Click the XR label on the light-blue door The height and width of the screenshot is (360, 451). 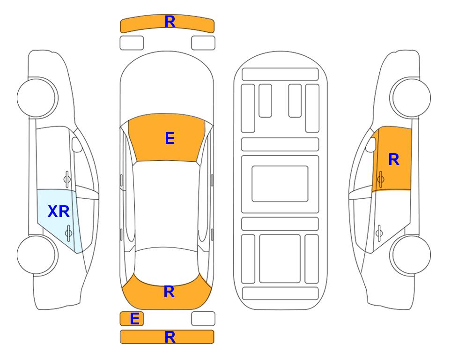point(59,212)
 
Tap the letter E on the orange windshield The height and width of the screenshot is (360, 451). point(170,138)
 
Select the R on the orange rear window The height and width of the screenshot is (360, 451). point(169,292)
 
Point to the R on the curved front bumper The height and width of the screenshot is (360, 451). point(170,22)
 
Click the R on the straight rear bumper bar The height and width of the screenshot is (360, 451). point(170,337)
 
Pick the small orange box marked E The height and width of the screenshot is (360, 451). point(132,319)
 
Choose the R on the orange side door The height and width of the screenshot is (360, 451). point(394,159)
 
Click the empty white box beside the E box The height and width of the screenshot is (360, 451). point(203,319)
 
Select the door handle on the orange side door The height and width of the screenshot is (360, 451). point(380,179)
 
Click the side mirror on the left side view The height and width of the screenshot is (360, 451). point(76,144)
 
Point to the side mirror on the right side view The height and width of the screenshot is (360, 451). point(371,144)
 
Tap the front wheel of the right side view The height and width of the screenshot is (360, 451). point(410,98)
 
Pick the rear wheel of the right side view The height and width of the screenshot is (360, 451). point(410,255)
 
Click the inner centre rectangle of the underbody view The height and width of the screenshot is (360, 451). point(280,184)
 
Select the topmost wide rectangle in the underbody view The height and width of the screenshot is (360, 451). point(280,75)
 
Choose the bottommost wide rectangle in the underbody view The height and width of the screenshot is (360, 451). point(280,293)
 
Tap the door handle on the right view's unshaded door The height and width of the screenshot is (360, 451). point(379,233)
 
